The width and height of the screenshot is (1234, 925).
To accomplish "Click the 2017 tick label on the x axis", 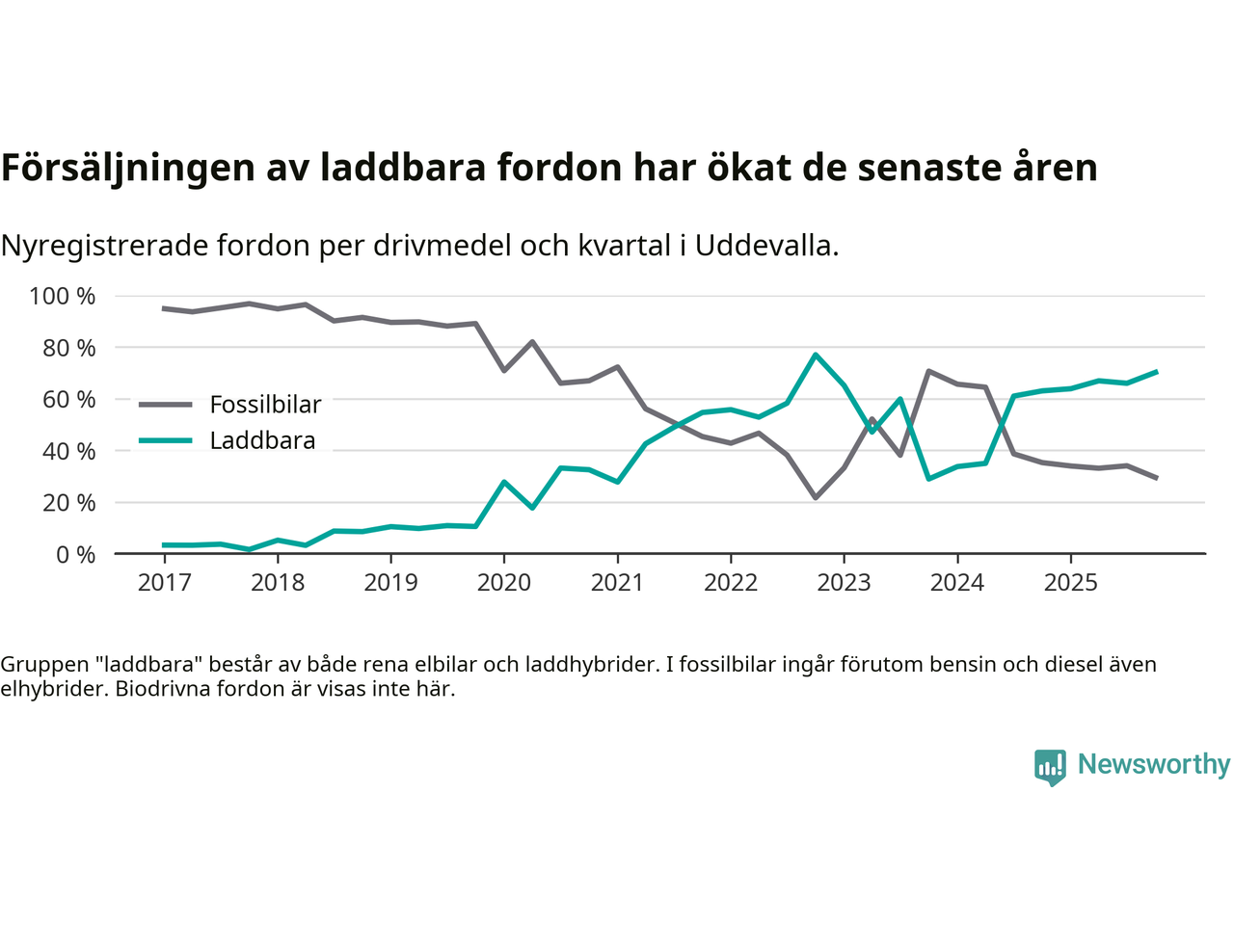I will (x=164, y=582).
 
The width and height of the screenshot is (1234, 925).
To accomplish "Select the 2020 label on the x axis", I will (x=504, y=582).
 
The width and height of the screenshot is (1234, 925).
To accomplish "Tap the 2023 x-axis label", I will (x=844, y=582).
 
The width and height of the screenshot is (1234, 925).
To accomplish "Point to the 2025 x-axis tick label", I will (x=1070, y=582).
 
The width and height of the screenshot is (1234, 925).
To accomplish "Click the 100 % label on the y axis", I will (x=63, y=296).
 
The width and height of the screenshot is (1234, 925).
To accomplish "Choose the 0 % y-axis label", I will (x=75, y=554).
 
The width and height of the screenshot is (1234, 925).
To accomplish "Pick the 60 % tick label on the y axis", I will (x=68, y=399).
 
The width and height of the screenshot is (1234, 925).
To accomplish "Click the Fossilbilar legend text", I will (x=265, y=405).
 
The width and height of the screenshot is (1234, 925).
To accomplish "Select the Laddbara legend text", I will (x=262, y=440).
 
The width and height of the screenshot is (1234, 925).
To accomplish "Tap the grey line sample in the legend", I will (x=166, y=405).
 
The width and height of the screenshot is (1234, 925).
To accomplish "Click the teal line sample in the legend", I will (x=166, y=440).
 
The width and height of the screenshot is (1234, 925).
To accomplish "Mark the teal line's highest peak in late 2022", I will (x=816, y=355).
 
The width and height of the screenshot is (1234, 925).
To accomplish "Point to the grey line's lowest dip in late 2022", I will (x=816, y=498).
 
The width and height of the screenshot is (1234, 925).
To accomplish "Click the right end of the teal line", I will (x=1156, y=372).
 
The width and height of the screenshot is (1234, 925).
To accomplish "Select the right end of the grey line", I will (x=1156, y=478).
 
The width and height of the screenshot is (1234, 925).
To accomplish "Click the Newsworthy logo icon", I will (x=1050, y=767).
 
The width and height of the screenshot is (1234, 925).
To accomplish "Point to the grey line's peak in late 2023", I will (x=928, y=371).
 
